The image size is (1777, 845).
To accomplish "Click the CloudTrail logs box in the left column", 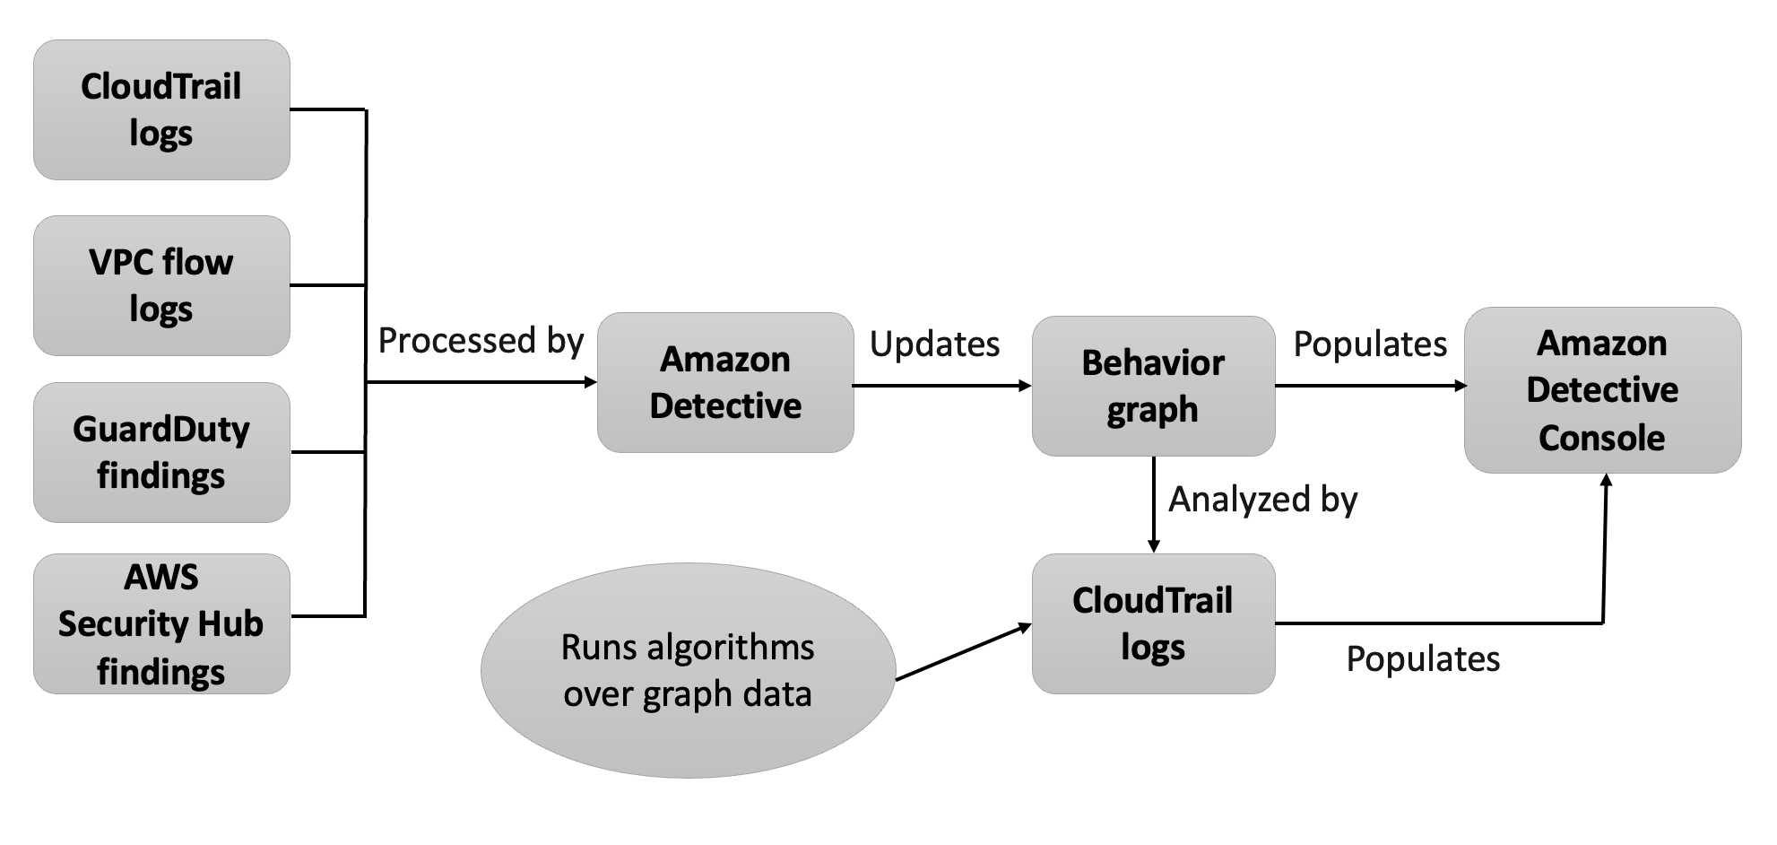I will pyautogui.click(x=161, y=109).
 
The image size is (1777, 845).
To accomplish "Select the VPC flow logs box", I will pyautogui.click(x=161, y=285).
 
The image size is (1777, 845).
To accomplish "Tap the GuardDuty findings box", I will pyautogui.click(x=161, y=452).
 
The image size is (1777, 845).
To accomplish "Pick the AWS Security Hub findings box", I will pyautogui.click(x=161, y=623).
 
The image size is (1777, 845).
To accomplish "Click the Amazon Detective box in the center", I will pyautogui.click(x=725, y=383).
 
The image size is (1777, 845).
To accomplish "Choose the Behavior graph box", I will pyautogui.click(x=1153, y=386).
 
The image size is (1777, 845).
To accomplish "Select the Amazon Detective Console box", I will pyautogui.click(x=1602, y=390).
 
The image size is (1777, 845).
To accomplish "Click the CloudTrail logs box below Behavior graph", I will pyautogui.click(x=1153, y=623).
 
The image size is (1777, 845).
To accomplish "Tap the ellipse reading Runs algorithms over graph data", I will pyautogui.click(x=688, y=670).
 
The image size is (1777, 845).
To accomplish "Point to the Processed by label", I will pyautogui.click(x=481, y=341).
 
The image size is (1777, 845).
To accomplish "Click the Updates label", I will pyautogui.click(x=934, y=344).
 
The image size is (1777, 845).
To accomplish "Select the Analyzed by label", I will pyautogui.click(x=1262, y=500).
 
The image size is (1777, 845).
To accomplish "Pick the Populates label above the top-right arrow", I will pyautogui.click(x=1370, y=344).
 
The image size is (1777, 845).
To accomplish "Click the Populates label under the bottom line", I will pyautogui.click(x=1423, y=659).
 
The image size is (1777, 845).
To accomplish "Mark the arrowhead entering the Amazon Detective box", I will pyautogui.click(x=591, y=382).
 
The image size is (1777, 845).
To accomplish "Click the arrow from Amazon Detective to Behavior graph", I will pyautogui.click(x=941, y=386).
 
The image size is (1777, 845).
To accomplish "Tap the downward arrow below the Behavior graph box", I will pyautogui.click(x=1154, y=507).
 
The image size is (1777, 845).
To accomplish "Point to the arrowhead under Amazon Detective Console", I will pyautogui.click(x=1606, y=481).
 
